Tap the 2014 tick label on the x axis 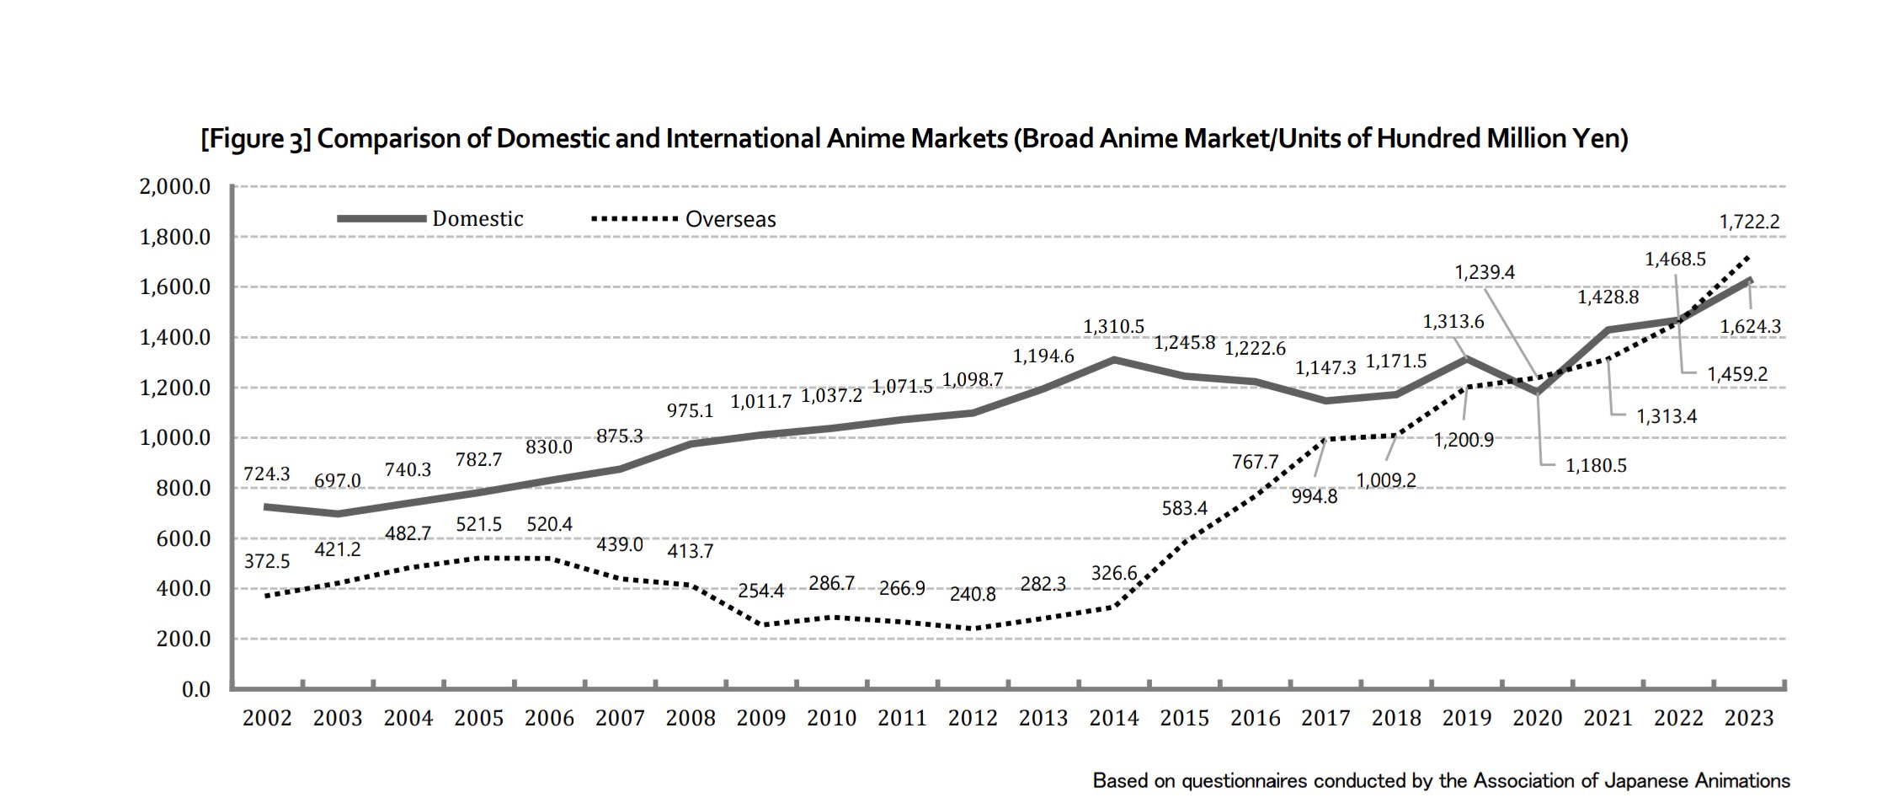pyautogui.click(x=1113, y=719)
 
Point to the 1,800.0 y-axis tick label pyautogui.click(x=174, y=237)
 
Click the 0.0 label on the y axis pyautogui.click(x=195, y=689)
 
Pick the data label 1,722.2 pyautogui.click(x=1749, y=222)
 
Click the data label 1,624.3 pyautogui.click(x=1750, y=327)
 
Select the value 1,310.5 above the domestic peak pyautogui.click(x=1113, y=326)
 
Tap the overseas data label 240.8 pyautogui.click(x=972, y=594)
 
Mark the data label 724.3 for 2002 pyautogui.click(x=266, y=474)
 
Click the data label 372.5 pyautogui.click(x=266, y=561)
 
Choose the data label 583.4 pyautogui.click(x=1184, y=508)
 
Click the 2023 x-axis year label pyautogui.click(x=1748, y=719)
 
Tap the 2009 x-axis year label pyautogui.click(x=760, y=719)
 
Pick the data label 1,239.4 pyautogui.click(x=1485, y=272)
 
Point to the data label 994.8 pyautogui.click(x=1314, y=497)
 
